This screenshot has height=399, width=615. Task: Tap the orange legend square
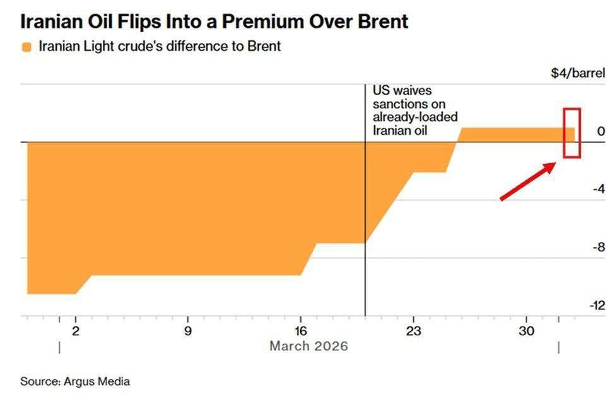26,47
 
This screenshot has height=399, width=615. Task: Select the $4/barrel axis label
577,72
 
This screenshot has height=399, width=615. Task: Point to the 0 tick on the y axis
600,132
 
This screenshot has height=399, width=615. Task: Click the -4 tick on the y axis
597,190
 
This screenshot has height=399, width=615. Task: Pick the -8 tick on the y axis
597,247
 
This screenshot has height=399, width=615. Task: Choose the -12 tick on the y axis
596,305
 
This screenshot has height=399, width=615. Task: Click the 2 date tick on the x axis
76,330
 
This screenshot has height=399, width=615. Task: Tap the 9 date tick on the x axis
187,330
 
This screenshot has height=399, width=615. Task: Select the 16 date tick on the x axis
300,330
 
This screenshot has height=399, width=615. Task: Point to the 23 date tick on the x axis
413,330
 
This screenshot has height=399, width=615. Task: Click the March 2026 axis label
308,346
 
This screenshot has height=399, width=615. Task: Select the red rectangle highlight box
571,132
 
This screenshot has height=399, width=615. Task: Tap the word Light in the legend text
97,47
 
